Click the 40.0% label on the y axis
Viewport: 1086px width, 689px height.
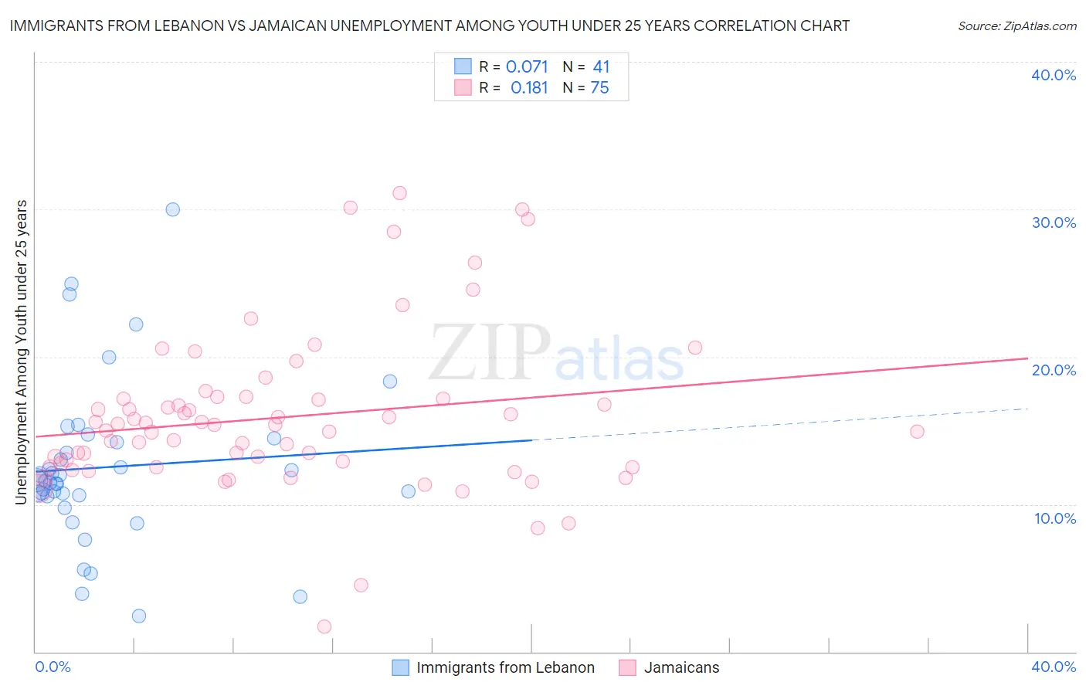tap(1054, 75)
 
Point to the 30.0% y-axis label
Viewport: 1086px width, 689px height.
tap(1054, 222)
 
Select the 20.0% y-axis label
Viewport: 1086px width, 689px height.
tap(1054, 370)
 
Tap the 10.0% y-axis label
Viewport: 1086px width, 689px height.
tap(1055, 518)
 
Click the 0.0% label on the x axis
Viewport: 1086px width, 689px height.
tap(53, 667)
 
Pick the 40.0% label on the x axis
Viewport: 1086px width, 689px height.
tap(1054, 667)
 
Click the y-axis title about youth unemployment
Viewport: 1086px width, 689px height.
tap(21, 352)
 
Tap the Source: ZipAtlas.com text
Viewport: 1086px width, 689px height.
tap(1016, 25)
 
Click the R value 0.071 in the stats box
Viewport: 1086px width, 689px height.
tap(527, 66)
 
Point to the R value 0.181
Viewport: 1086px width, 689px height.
tap(529, 88)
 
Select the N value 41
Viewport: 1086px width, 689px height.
tap(601, 66)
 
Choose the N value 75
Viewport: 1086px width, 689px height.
tap(600, 88)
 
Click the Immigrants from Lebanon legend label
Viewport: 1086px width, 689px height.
tap(505, 667)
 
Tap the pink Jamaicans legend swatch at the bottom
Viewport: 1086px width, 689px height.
tap(627, 667)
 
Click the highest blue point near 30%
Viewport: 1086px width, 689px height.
tap(173, 209)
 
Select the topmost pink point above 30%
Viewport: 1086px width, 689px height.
tap(399, 193)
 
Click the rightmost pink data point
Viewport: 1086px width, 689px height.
tap(917, 431)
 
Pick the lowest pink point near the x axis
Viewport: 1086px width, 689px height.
tap(324, 626)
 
